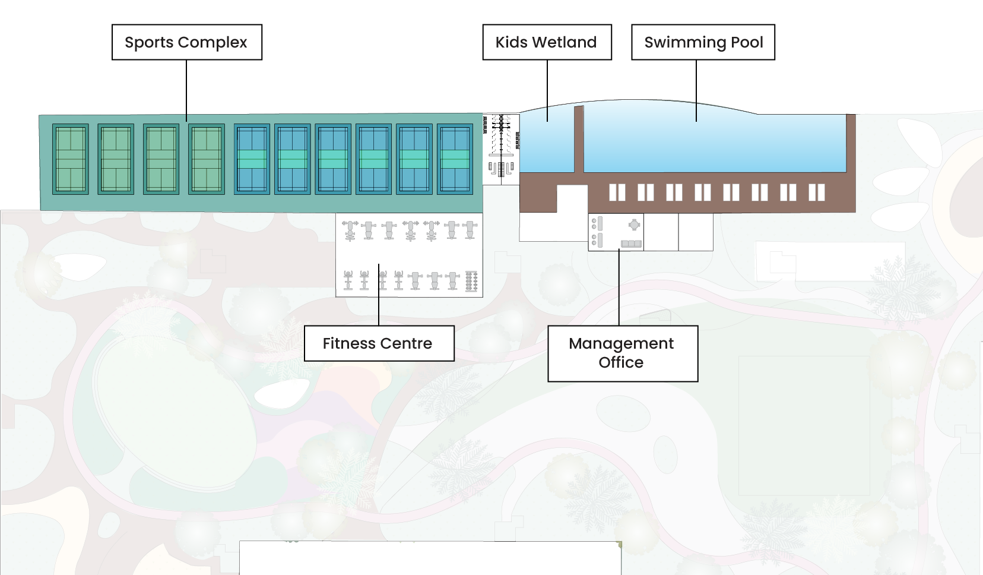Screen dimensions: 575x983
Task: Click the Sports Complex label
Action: pos(186,42)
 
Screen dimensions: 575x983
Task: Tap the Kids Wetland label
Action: pos(547,42)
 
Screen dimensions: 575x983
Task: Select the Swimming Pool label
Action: pos(703,42)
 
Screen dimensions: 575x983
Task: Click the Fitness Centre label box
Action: pos(379,343)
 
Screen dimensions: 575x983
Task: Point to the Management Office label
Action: pos(622,353)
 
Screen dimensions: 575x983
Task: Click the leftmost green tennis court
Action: pos(71,159)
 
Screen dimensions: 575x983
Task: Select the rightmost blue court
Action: pos(455,159)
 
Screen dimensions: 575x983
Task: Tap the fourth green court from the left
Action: pos(207,159)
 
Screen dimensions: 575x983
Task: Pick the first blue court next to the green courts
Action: pos(252,159)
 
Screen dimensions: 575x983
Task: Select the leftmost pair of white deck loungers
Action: pos(617,192)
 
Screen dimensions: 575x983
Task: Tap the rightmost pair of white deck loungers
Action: pos(817,192)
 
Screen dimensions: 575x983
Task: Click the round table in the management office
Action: pos(634,225)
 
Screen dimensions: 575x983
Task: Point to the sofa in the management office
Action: pos(631,244)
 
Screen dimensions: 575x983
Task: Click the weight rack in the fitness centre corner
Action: pos(471,281)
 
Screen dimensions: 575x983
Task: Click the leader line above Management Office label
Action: pos(619,288)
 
